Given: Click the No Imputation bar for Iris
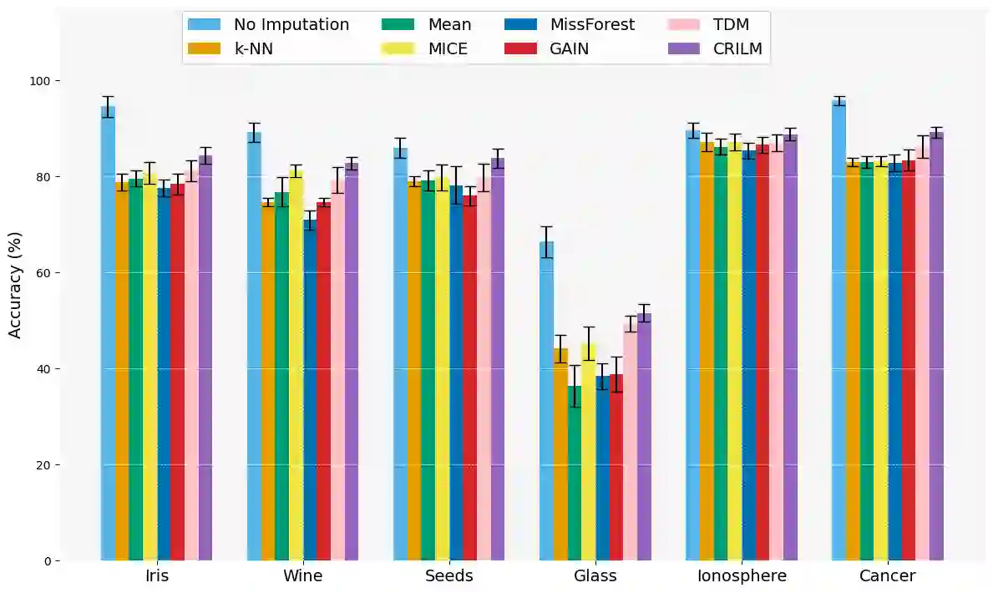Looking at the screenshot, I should click(x=108, y=334).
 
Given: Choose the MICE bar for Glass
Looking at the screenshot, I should click(x=588, y=451).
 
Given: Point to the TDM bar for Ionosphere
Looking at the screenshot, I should click(x=777, y=351).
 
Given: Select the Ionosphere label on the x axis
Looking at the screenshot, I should click(x=742, y=576).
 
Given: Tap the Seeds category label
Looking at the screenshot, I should click(x=449, y=576).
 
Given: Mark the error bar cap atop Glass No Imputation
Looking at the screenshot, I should click(x=546, y=226).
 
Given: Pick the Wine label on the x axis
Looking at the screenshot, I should click(x=302, y=576).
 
